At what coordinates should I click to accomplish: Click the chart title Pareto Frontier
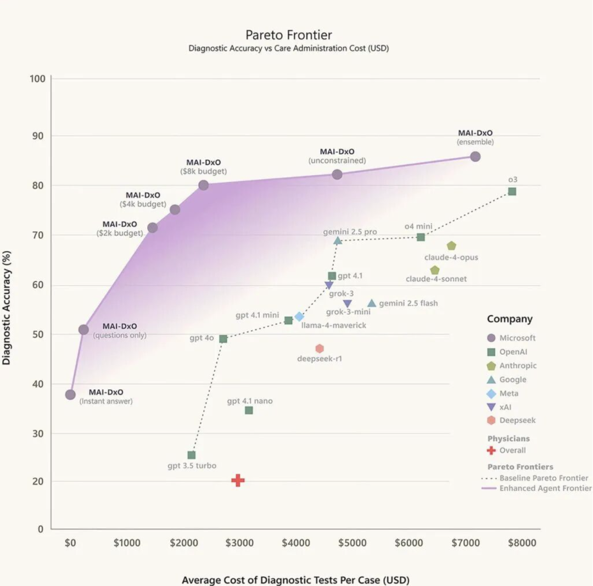click(288, 35)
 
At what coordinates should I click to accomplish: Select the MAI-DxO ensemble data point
click(475, 157)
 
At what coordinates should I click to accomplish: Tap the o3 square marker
click(512, 192)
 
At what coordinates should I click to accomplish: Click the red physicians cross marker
click(238, 481)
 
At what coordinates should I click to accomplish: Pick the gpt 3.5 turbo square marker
click(191, 455)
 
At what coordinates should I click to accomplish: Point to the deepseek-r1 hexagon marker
click(320, 349)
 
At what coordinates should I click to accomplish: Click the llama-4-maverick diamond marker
click(299, 317)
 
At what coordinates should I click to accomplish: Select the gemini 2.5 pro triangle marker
click(338, 241)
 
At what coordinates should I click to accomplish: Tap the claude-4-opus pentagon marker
click(451, 246)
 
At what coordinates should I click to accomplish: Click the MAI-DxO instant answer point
click(70, 395)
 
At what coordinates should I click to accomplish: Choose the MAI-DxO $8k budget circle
click(203, 186)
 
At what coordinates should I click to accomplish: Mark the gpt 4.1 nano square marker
click(249, 410)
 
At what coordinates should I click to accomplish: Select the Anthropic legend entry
click(518, 366)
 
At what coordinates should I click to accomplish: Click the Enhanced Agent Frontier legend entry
click(545, 488)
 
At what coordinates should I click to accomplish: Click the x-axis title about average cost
click(295, 580)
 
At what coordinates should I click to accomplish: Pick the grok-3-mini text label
click(348, 312)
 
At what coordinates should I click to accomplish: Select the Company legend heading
click(510, 319)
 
